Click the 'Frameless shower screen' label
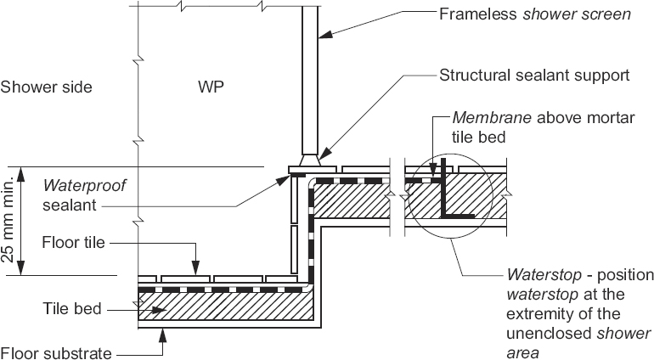[x=534, y=14]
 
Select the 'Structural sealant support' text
[x=534, y=75]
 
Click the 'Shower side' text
[x=46, y=87]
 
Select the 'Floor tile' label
[x=73, y=243]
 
